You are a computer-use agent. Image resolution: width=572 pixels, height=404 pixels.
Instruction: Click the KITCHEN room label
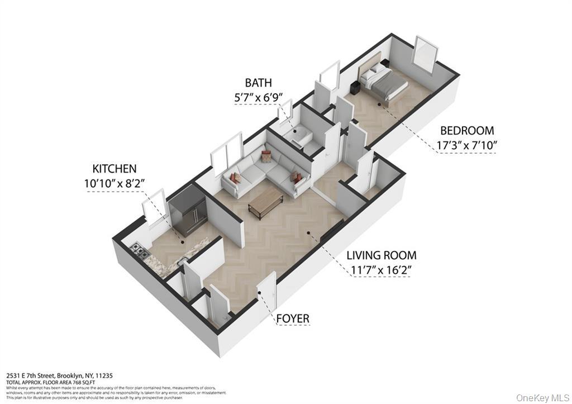(x=115, y=168)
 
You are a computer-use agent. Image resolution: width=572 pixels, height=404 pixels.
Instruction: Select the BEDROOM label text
(x=467, y=131)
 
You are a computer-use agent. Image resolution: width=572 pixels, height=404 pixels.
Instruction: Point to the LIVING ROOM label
(x=381, y=255)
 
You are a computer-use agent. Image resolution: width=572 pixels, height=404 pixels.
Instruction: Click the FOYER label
(x=293, y=319)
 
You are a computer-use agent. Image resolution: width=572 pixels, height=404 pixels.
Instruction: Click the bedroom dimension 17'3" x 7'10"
(x=467, y=145)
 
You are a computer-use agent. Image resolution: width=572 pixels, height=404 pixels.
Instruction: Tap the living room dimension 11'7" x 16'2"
(x=381, y=270)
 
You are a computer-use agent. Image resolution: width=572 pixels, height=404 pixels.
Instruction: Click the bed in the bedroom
(x=384, y=82)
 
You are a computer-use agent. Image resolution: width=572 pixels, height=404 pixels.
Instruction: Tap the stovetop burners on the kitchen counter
(x=139, y=252)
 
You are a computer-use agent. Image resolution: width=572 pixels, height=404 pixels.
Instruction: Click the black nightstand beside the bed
(x=354, y=87)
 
